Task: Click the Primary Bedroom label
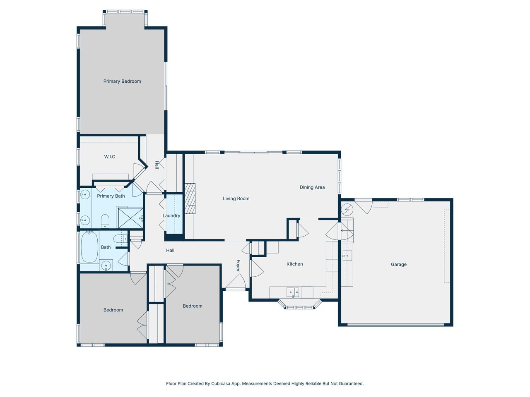click(x=122, y=81)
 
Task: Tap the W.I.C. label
click(x=110, y=157)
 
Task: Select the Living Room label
click(x=236, y=198)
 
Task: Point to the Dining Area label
click(x=312, y=187)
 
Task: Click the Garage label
click(x=399, y=264)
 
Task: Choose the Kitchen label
click(x=294, y=264)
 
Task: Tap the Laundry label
click(x=171, y=215)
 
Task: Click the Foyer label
click(x=238, y=265)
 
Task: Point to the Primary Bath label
click(x=111, y=196)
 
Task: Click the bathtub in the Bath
click(x=89, y=247)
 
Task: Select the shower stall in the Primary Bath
click(x=130, y=218)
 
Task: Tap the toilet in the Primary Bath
click(x=105, y=221)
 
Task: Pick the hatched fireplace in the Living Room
click(x=190, y=198)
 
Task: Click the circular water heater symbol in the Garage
click(x=347, y=209)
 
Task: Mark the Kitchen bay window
click(x=300, y=305)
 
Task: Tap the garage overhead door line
click(x=395, y=325)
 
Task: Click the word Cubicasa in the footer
click(x=221, y=383)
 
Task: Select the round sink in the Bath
click(x=106, y=266)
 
